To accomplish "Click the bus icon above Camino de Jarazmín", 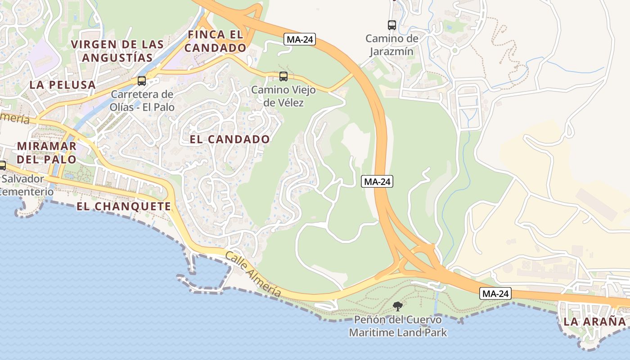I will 392,25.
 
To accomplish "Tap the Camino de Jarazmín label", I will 391,45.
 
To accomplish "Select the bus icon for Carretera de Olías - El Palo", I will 142,81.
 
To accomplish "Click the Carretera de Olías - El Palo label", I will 142,101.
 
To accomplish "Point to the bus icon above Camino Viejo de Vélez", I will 283,76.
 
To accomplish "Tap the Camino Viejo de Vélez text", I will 283,96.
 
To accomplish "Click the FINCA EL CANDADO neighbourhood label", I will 217,41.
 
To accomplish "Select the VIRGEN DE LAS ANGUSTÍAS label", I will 117,51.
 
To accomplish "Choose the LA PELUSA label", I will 63,85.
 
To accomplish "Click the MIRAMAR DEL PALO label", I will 47,153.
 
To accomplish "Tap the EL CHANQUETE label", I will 124,207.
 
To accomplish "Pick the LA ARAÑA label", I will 594,322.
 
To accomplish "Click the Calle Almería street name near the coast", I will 253,274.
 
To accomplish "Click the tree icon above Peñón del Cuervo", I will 397,306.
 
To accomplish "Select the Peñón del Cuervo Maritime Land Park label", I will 398,326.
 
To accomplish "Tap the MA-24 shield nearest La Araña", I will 495,294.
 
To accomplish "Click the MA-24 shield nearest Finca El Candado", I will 300,40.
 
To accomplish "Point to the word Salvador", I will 23,179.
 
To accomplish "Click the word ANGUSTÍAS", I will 117,58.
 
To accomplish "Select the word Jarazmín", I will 391,51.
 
